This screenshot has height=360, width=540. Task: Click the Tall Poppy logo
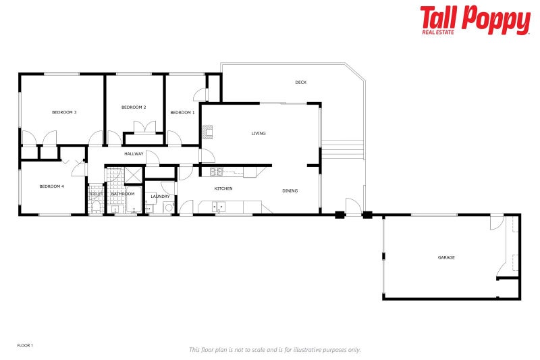tap(475, 20)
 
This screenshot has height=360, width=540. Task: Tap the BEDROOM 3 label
tap(64, 112)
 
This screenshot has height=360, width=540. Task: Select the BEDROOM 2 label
tap(134, 107)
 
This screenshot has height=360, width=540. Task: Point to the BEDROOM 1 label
tap(182, 112)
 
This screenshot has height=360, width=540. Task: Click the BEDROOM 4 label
tap(51, 186)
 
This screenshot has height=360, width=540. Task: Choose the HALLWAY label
tap(134, 154)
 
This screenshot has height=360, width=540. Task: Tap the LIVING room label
tap(259, 134)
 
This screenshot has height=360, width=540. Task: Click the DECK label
tap(301, 82)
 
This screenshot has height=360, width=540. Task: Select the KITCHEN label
tap(223, 188)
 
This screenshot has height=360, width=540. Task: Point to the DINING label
tap(290, 191)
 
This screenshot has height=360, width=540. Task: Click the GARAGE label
tap(446, 257)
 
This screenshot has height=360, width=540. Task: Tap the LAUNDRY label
tap(160, 197)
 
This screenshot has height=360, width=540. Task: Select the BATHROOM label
tap(123, 194)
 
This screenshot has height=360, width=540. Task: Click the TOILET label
tap(96, 194)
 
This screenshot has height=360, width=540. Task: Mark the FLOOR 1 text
tap(25, 345)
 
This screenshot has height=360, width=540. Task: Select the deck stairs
tap(342, 149)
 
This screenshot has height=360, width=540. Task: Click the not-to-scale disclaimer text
tap(275, 350)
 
